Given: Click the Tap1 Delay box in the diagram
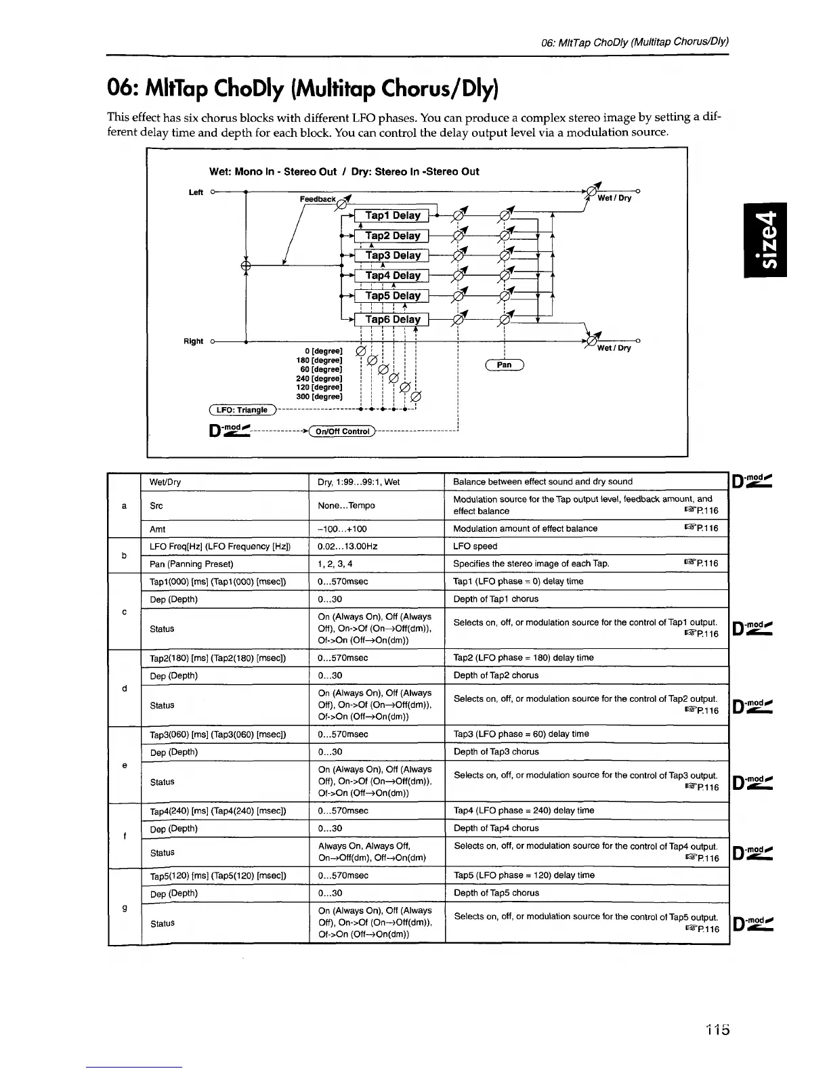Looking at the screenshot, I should tap(393, 215).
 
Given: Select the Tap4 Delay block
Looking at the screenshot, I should tap(393, 276).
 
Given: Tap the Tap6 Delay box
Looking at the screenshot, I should tap(393, 319).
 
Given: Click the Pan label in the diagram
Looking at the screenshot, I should tap(505, 365).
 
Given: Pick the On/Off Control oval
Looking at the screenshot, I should tap(341, 432).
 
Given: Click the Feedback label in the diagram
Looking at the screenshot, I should tap(318, 199).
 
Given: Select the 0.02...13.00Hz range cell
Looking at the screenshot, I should tap(347, 546).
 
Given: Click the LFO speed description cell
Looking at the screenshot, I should tap(475, 546).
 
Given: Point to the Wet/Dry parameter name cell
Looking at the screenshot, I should tap(165, 482).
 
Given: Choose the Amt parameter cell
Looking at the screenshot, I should tap(157, 529).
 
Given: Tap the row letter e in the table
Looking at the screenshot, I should tap(125, 765).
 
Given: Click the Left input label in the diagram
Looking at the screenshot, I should tap(196, 192).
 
